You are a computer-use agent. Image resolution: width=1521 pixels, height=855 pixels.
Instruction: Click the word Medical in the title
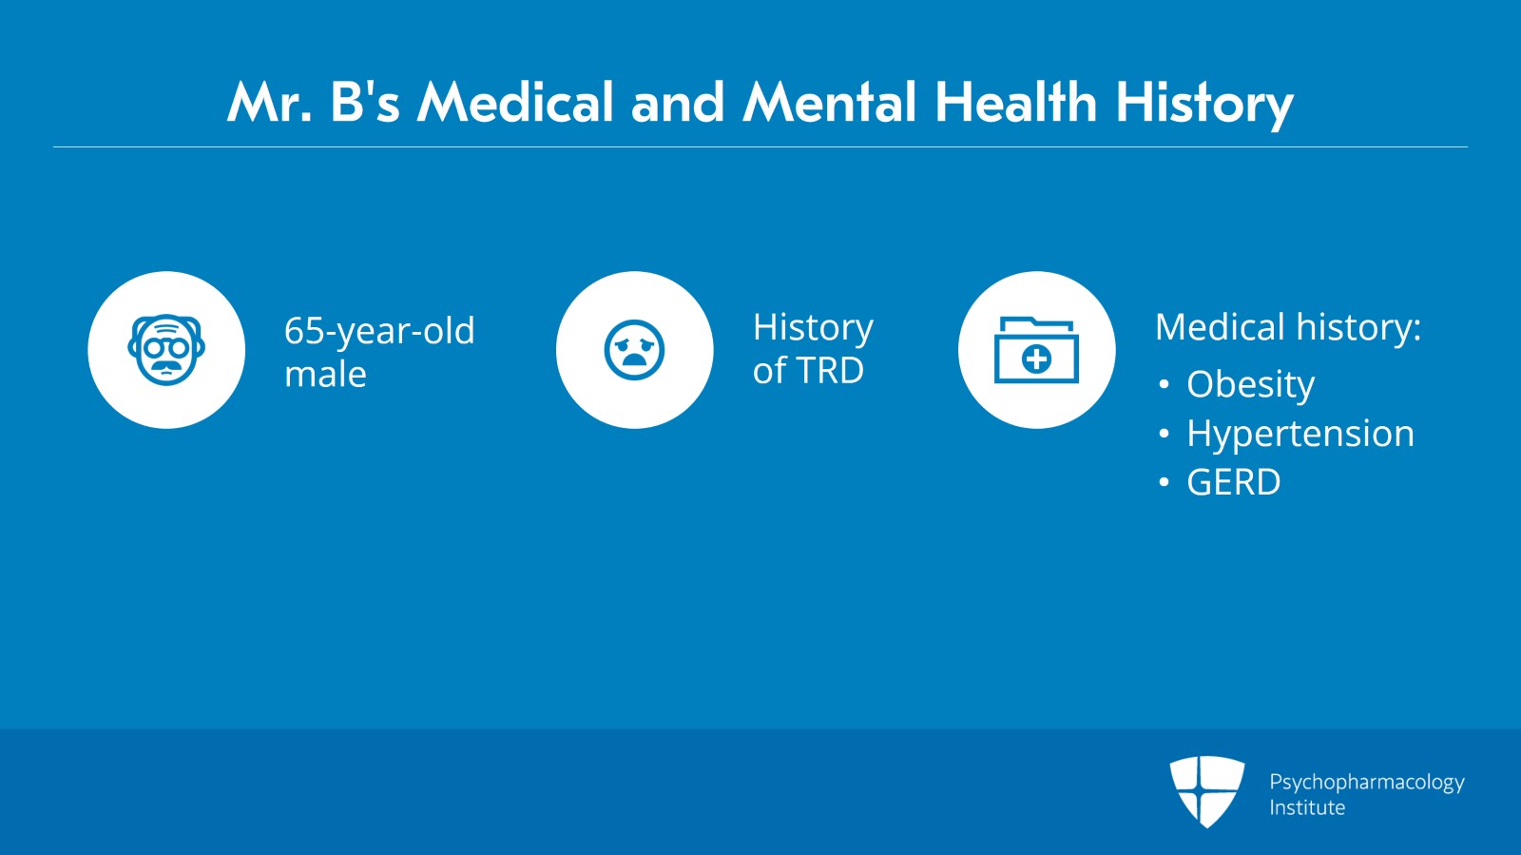click(x=515, y=103)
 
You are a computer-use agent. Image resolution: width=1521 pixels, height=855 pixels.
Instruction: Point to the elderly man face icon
click(x=166, y=350)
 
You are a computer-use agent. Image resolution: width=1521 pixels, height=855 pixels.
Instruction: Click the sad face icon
click(x=634, y=350)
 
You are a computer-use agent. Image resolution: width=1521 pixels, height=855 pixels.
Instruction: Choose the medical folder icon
click(x=1036, y=350)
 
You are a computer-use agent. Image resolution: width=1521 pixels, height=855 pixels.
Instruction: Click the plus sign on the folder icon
click(x=1036, y=359)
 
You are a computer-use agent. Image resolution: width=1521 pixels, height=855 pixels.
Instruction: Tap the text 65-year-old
click(x=379, y=331)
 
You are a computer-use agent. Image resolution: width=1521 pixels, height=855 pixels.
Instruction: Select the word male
click(x=325, y=374)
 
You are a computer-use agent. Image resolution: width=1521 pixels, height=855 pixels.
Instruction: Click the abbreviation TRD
click(x=830, y=371)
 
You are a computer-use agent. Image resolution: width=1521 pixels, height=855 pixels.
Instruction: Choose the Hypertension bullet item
click(x=1300, y=434)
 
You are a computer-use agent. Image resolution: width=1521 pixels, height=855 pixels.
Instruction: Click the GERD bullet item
click(x=1233, y=482)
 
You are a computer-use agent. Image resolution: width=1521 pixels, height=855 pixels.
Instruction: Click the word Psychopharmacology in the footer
click(x=1367, y=783)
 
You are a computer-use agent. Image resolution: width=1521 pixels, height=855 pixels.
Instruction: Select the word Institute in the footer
click(x=1307, y=807)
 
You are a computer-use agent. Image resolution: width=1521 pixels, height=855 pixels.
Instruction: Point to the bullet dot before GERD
click(x=1164, y=482)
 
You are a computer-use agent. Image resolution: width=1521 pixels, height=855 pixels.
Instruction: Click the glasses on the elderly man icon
click(x=166, y=348)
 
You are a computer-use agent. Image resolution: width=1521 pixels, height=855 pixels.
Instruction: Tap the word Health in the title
click(x=1016, y=103)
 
